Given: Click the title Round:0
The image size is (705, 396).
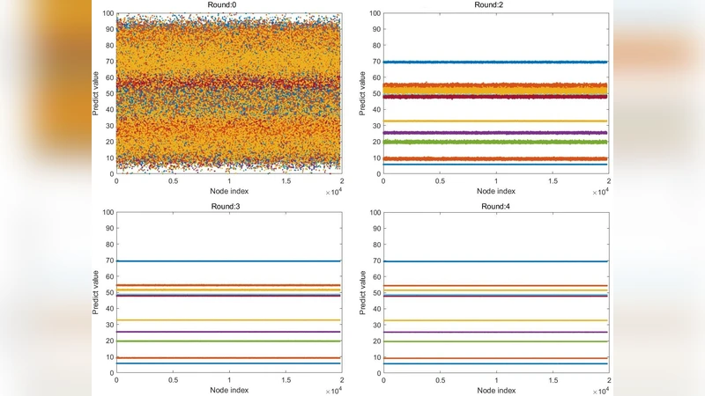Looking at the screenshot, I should pyautogui.click(x=228, y=5).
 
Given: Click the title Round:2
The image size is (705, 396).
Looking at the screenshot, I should pyautogui.click(x=494, y=5).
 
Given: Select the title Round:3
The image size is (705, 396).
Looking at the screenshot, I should pyautogui.click(x=228, y=205).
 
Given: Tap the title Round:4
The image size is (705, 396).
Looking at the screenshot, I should pyautogui.click(x=494, y=205).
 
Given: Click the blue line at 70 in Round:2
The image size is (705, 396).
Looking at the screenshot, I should pyautogui.click(x=494, y=62).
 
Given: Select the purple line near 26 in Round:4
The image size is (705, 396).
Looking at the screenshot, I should pyautogui.click(x=494, y=332).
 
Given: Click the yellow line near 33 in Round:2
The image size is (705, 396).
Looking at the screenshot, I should pyautogui.click(x=494, y=121).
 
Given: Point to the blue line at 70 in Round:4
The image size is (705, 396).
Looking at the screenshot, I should pyautogui.click(x=494, y=260).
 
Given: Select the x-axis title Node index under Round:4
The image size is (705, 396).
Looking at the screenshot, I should pyautogui.click(x=494, y=388).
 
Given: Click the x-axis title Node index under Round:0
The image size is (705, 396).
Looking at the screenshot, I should pyautogui.click(x=228, y=190).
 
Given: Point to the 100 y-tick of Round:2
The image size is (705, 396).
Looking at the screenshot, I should pyautogui.click(x=373, y=13).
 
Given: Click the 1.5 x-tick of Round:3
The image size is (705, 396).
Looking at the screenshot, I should pyautogui.click(x=286, y=379).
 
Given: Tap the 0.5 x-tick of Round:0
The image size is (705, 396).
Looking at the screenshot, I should pyautogui.click(x=173, y=180).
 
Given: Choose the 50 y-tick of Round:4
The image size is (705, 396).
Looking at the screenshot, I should pyautogui.click(x=375, y=292).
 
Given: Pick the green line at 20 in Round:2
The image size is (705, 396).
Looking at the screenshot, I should pyautogui.click(x=494, y=142).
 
